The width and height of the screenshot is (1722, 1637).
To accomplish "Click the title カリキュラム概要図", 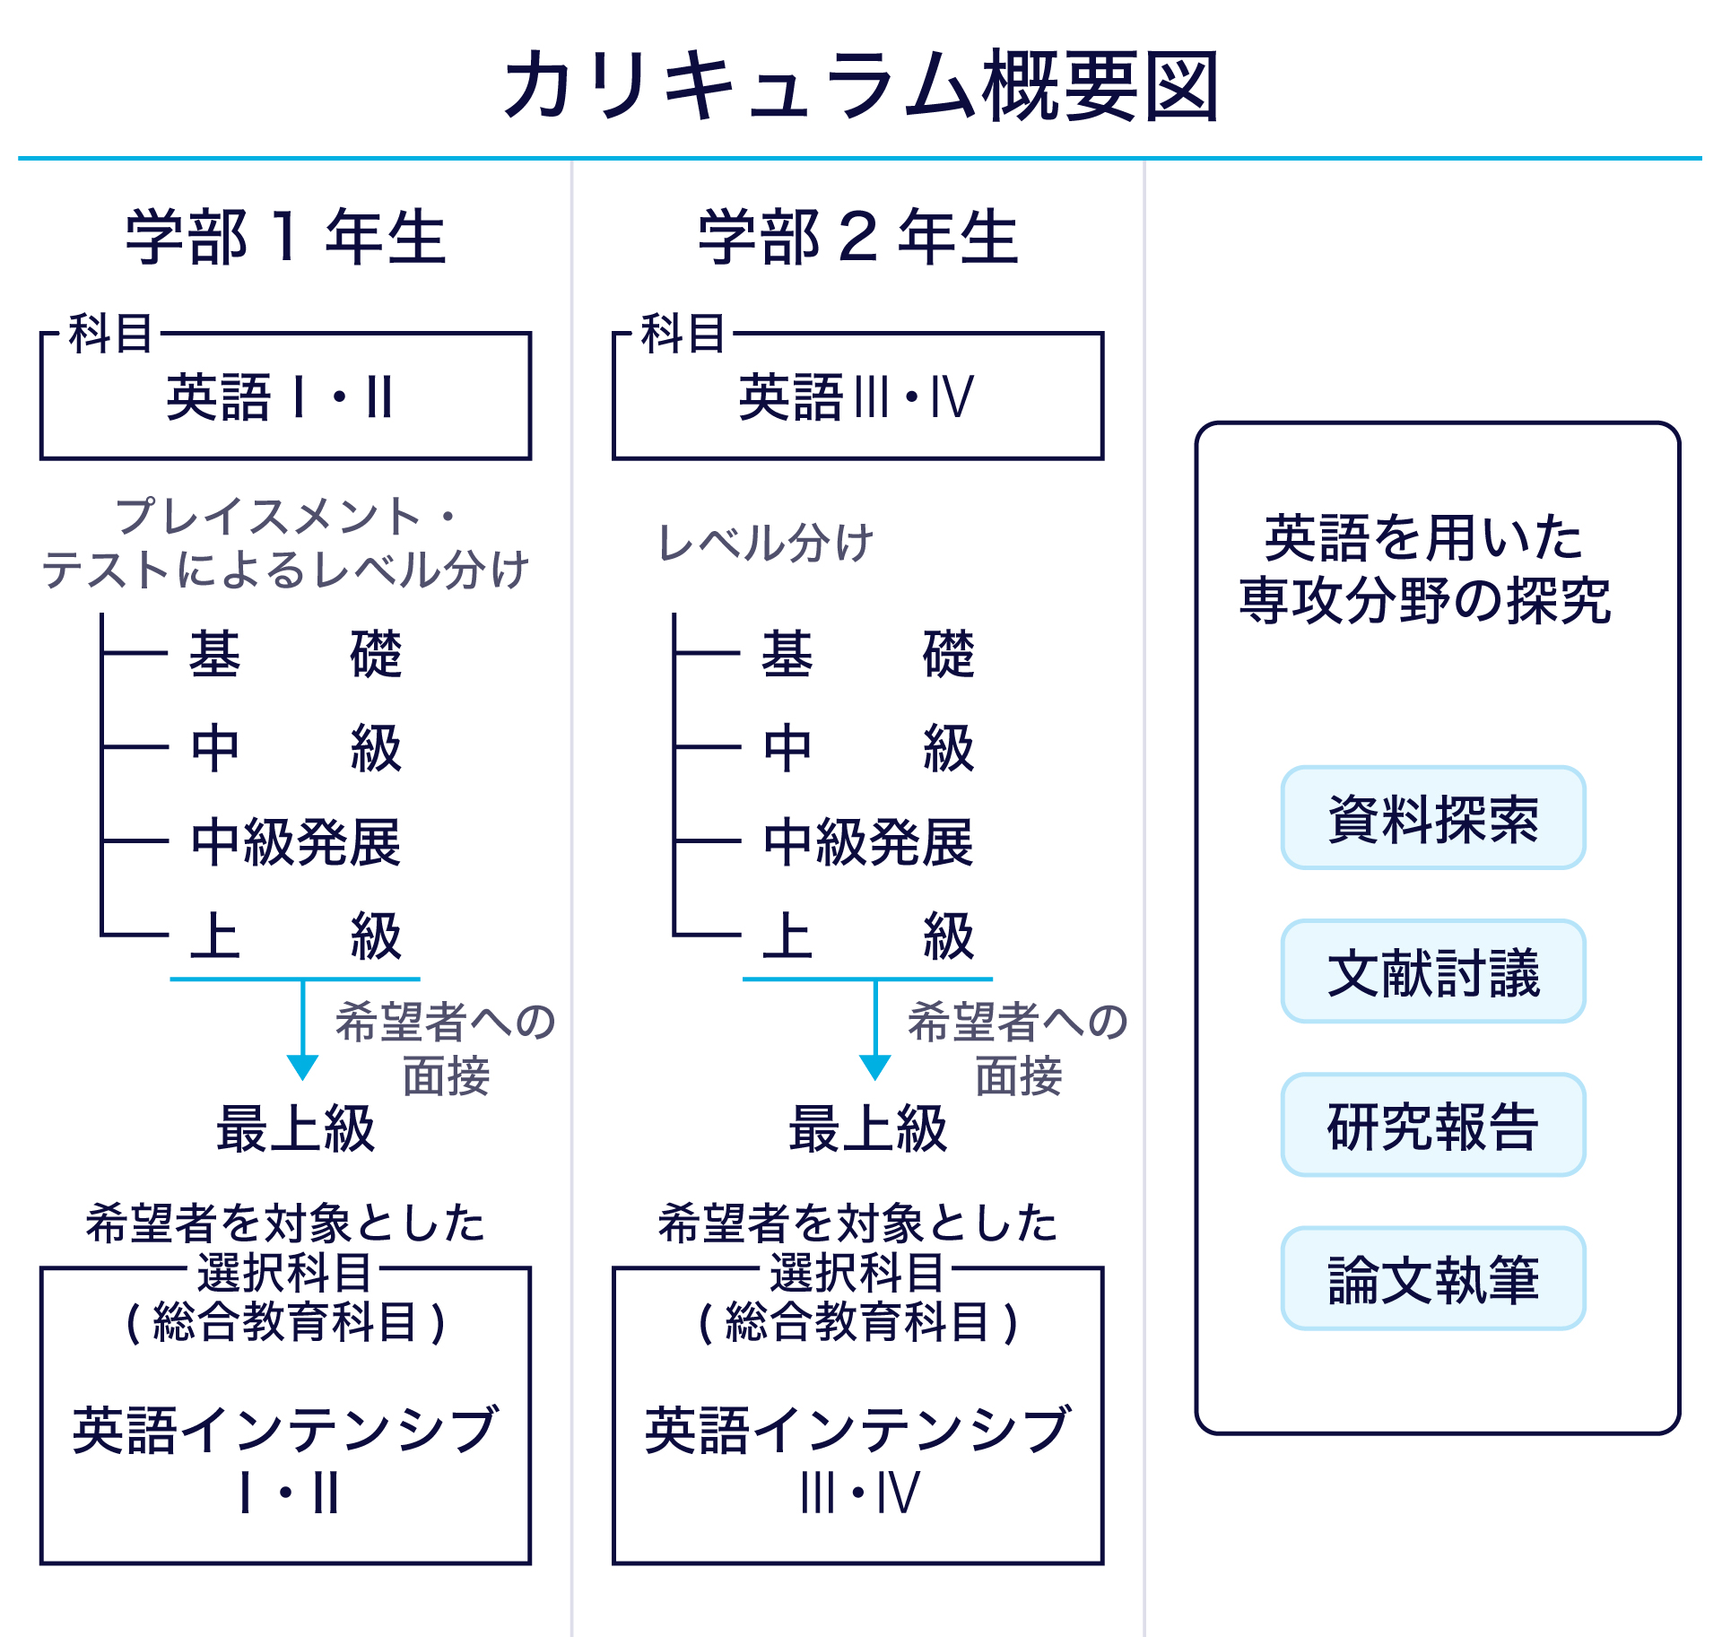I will [x=861, y=86].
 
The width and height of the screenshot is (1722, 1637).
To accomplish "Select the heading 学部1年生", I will [x=285, y=237].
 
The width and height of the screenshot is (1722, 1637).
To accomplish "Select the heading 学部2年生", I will [x=858, y=237].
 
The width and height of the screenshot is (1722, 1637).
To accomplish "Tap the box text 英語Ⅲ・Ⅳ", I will [x=856, y=397].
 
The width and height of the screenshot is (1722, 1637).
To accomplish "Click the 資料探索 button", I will [x=1432, y=818].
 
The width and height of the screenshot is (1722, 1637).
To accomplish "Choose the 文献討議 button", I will [x=1432, y=971].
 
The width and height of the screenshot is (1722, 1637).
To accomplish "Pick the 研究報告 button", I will [x=1432, y=1125].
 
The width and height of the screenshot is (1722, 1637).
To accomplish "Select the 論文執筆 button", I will [x=1432, y=1278].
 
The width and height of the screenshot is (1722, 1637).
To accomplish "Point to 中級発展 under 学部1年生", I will [x=296, y=841].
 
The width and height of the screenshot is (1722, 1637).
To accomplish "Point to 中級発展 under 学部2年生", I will [x=868, y=841].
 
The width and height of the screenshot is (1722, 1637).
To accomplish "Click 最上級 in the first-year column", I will [x=295, y=1128].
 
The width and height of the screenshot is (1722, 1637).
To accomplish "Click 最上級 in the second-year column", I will [x=867, y=1128].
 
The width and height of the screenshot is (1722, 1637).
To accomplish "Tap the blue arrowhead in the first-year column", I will [x=302, y=1067].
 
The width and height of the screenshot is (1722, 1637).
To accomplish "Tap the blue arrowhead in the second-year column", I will [x=874, y=1067].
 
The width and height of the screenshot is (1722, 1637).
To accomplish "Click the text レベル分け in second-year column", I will [x=765, y=543].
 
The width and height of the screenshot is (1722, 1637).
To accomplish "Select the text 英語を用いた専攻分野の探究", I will [x=1425, y=568].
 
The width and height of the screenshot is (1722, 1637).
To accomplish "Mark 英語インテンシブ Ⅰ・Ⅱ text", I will [x=285, y=1458].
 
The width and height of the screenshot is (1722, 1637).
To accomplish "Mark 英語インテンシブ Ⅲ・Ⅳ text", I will [x=857, y=1458].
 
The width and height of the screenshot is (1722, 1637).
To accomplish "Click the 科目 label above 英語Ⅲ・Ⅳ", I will [x=683, y=334].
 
